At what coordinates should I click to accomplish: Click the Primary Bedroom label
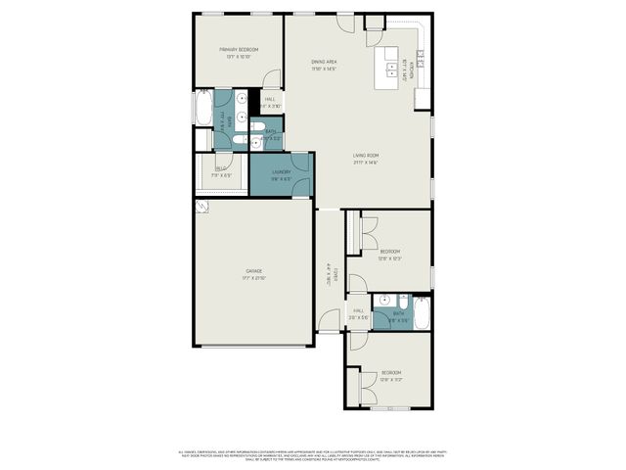click(x=238, y=49)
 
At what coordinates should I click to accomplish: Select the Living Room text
click(x=366, y=156)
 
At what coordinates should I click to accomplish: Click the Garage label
click(x=253, y=270)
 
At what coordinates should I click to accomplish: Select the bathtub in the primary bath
click(x=203, y=108)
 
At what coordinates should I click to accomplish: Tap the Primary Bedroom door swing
click(x=273, y=79)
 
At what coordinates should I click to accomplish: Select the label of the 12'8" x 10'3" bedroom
click(x=390, y=252)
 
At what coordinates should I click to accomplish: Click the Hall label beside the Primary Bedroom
click(x=269, y=99)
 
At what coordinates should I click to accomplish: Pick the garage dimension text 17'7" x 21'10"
click(x=253, y=279)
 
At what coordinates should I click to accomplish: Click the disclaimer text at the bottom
click(x=313, y=453)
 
